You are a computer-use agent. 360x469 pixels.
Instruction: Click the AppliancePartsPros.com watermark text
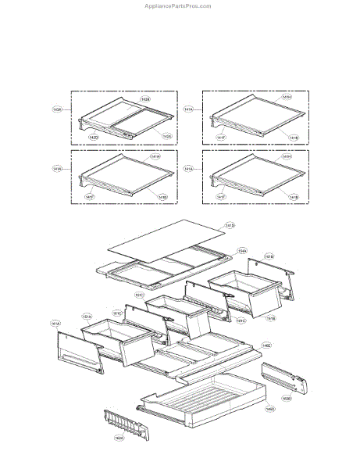178,5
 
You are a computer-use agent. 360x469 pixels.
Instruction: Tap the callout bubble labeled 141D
230,226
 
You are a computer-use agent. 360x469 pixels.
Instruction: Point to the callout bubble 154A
242,251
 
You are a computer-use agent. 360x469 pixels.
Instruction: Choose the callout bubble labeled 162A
119,438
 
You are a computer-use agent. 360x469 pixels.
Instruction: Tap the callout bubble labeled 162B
287,398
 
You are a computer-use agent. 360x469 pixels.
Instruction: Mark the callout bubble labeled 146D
269,408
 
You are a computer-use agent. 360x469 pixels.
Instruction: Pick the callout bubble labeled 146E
266,345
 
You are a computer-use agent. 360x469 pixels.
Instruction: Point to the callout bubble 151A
87,316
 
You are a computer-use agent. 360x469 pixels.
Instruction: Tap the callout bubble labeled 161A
55,322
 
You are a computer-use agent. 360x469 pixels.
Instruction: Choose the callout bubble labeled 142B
145,99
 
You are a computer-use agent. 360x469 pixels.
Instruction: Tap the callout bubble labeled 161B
269,256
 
